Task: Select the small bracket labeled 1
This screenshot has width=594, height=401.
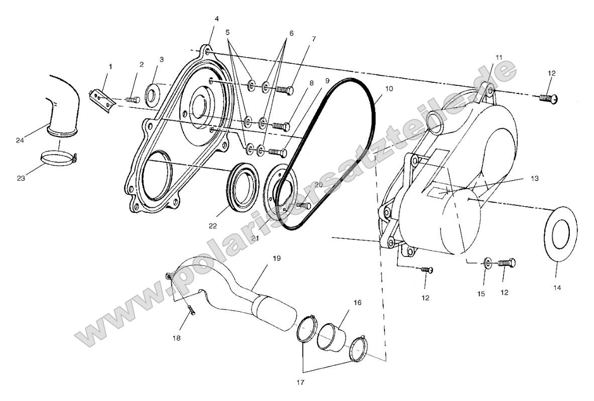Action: tap(102, 96)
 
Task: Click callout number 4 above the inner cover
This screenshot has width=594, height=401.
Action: tap(216, 19)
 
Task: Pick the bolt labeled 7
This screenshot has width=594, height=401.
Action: tap(284, 90)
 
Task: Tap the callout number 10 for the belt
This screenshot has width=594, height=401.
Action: tap(376, 88)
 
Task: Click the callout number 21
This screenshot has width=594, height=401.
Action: tap(255, 238)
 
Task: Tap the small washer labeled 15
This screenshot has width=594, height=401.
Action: tap(486, 262)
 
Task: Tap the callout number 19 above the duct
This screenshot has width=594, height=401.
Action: tap(276, 258)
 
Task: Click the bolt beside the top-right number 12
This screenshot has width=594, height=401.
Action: tap(548, 96)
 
